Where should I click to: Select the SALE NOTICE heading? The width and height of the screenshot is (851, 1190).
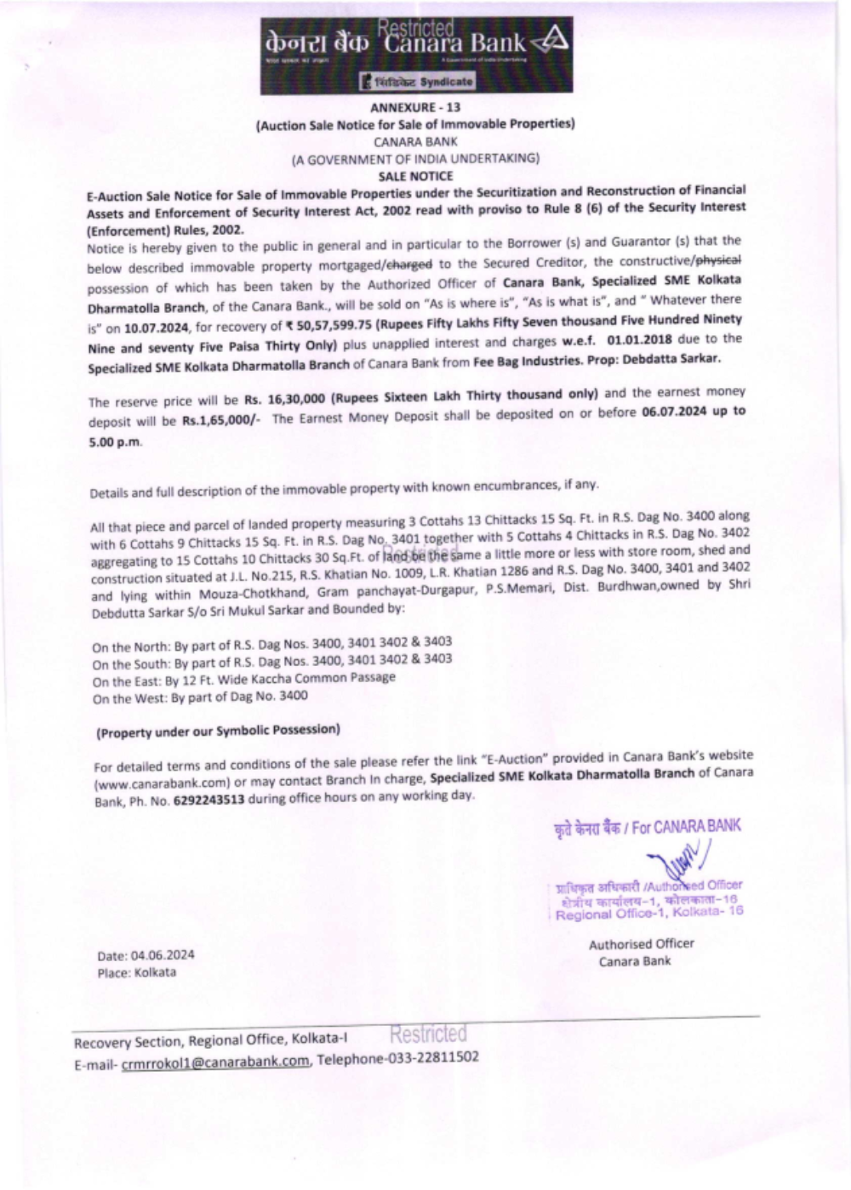tap(415, 176)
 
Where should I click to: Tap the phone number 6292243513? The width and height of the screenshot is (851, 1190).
tap(209, 800)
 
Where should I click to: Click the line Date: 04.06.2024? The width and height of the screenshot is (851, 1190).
tap(146, 955)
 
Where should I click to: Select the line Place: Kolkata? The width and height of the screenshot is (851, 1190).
tap(137, 972)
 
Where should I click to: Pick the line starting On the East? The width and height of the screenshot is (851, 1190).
tap(243, 679)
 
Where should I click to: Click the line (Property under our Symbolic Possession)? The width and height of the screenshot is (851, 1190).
tap(218, 731)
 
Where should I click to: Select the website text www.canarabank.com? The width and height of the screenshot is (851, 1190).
tap(162, 782)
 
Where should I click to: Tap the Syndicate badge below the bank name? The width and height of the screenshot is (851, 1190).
tap(417, 82)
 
